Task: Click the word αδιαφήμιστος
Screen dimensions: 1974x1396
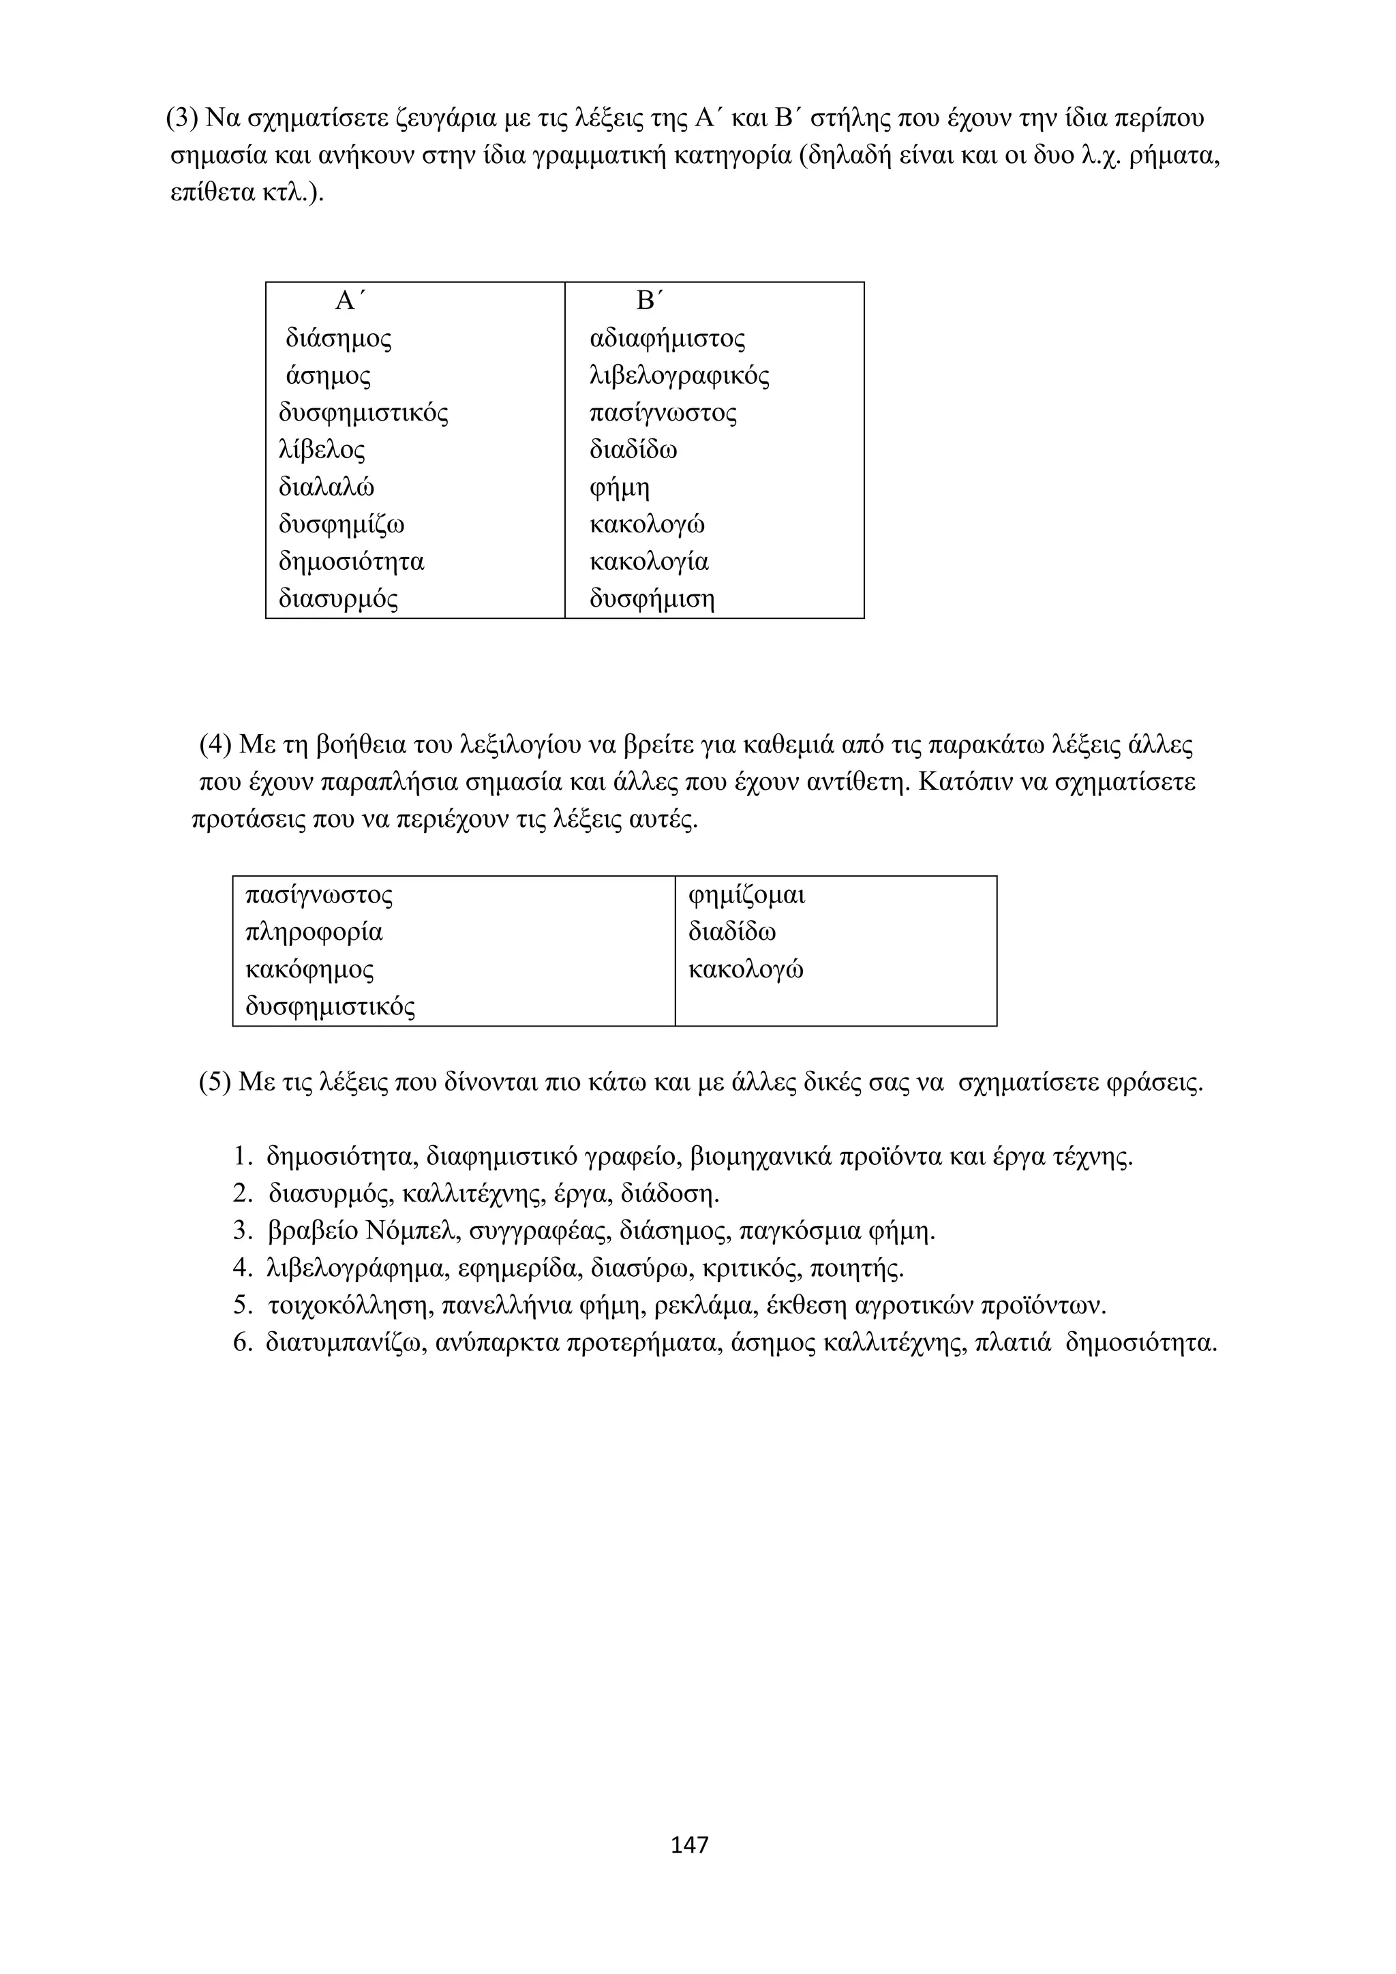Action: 667,339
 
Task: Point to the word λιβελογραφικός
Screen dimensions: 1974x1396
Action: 679,376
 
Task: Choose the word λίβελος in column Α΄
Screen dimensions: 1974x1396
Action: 322,450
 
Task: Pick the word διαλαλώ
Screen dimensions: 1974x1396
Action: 327,487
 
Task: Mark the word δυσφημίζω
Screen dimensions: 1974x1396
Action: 342,524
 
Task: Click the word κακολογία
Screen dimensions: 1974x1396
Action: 649,562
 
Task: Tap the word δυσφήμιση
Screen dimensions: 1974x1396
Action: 652,598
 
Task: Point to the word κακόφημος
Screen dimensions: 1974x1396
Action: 309,970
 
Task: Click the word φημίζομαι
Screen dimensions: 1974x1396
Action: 747,895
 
